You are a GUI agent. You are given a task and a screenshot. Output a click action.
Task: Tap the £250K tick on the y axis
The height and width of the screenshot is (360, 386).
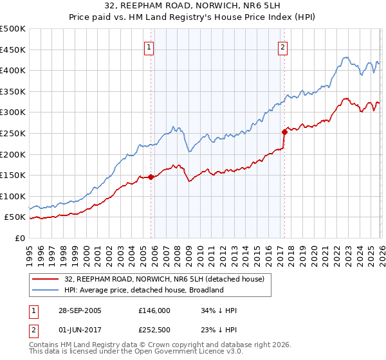(13, 133)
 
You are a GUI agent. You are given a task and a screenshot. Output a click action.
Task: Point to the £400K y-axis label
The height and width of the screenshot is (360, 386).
(13, 71)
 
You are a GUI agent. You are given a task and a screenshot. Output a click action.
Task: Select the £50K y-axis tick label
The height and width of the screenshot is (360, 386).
(15, 217)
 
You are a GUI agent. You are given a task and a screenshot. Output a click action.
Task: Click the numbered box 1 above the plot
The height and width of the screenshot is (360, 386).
(149, 46)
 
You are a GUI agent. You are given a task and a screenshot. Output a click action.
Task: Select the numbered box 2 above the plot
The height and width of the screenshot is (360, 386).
(282, 46)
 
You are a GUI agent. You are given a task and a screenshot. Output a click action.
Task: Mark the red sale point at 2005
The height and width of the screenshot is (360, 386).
(151, 177)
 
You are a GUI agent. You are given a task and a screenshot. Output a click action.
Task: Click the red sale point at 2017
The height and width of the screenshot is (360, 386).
(284, 132)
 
